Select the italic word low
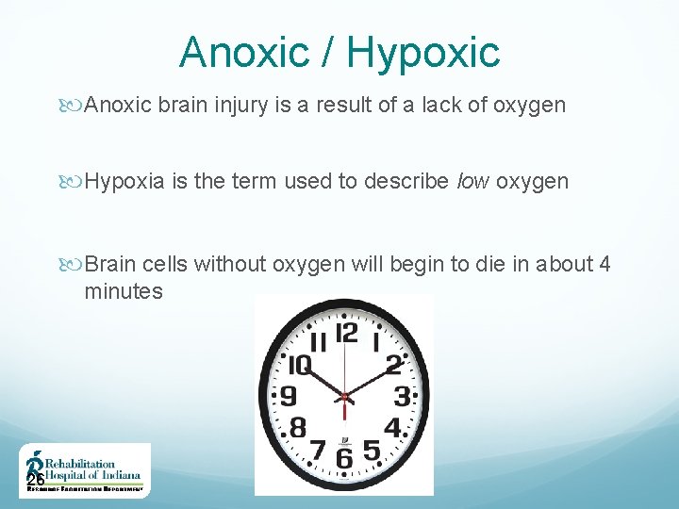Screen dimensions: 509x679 [x=472, y=181]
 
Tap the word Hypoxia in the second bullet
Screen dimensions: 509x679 [x=125, y=181]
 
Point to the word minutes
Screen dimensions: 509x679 [x=124, y=292]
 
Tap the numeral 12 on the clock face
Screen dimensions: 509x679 [x=346, y=333]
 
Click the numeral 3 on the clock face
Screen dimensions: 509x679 [x=403, y=395]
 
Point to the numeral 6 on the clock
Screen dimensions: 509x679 [x=345, y=458]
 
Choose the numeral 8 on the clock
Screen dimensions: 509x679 [x=297, y=427]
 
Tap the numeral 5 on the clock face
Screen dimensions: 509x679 [x=372, y=451]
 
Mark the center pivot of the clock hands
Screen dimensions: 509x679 [x=345, y=394]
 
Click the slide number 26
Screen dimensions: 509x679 [x=36, y=482]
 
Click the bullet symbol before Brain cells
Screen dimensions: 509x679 [x=75, y=265]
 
